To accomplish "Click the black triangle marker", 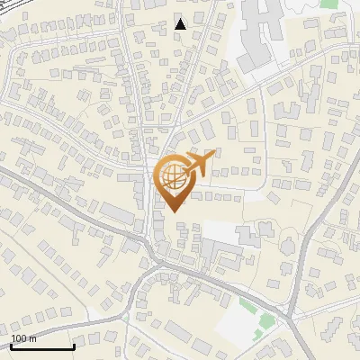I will [x=181, y=24].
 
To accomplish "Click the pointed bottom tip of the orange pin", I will [x=174, y=211].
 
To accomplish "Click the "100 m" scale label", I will [x=24, y=338].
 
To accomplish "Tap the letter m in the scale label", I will [x=33, y=338].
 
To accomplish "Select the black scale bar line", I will [x=42, y=346].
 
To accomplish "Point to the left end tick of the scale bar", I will [x=11, y=345].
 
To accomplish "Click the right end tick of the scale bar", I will [x=74, y=345].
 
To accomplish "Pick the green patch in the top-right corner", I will [x=329, y=4].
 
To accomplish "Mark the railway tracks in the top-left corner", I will [x=18, y=13].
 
